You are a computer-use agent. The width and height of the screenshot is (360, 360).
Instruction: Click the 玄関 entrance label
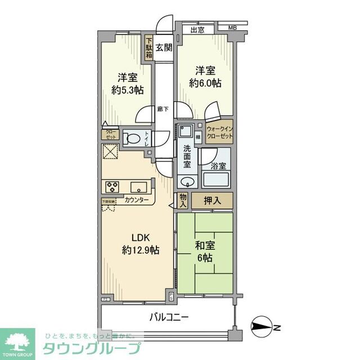[164, 47]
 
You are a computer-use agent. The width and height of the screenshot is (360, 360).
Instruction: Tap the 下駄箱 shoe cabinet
[149, 48]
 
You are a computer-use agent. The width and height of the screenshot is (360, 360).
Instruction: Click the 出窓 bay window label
[197, 30]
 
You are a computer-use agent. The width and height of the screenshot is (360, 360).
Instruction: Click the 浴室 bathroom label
[218, 166]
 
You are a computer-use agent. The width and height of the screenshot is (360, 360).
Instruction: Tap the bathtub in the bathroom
[217, 180]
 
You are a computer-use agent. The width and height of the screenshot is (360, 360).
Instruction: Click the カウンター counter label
[137, 200]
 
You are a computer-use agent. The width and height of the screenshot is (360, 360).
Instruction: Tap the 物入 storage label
[183, 200]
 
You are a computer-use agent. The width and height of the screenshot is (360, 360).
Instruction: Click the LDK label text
[141, 237]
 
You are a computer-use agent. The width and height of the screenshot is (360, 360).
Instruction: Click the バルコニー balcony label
[169, 317]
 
